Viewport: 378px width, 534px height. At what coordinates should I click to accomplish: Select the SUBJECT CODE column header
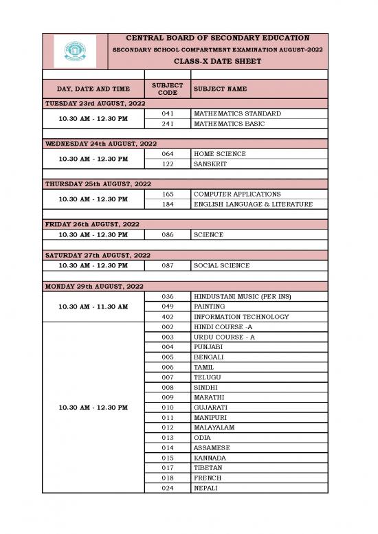point(167,89)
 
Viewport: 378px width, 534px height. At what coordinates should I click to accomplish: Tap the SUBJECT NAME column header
point(221,89)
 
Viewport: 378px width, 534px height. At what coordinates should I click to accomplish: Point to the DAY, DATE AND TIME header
point(93,89)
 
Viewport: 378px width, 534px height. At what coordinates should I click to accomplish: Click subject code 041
point(168,113)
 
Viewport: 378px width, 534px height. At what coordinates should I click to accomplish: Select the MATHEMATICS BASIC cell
point(227,124)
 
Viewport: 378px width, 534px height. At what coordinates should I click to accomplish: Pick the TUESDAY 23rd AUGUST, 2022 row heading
point(96,103)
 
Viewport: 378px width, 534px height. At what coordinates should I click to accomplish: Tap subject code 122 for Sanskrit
point(168,164)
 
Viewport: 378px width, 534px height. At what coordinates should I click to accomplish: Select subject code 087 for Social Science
point(168,265)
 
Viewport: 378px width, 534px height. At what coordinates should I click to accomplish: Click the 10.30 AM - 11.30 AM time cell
point(93,306)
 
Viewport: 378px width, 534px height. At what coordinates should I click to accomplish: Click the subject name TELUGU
point(208,377)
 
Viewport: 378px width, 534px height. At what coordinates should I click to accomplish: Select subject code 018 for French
point(168,478)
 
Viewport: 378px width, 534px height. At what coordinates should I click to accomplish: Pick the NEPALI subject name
point(206,489)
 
